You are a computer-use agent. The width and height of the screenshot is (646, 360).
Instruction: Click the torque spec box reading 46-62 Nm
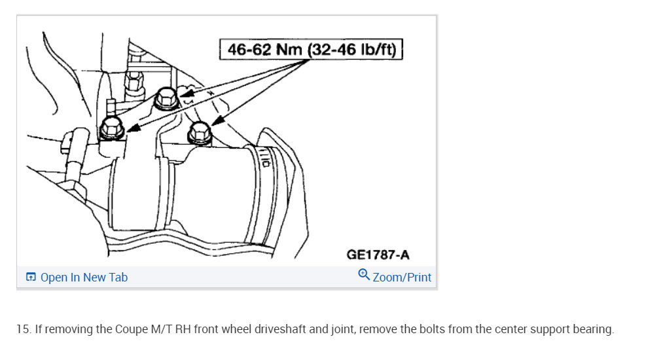pyautogui.click(x=311, y=50)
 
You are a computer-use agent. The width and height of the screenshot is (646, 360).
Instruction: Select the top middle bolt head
pyautogui.click(x=166, y=98)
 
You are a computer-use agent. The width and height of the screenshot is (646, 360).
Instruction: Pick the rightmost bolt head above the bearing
pyautogui.click(x=200, y=133)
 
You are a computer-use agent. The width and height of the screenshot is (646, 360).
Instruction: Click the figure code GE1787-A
pyautogui.click(x=378, y=255)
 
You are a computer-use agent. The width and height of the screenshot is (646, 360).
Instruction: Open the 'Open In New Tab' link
pyautogui.click(x=84, y=278)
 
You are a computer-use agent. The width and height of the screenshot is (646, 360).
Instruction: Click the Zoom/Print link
pyautogui.click(x=402, y=278)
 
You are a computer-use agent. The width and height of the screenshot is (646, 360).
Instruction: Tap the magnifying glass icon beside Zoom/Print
pyautogui.click(x=364, y=274)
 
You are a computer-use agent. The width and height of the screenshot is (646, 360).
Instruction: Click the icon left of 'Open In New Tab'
pyautogui.click(x=31, y=277)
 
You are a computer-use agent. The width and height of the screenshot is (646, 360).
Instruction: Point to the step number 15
pyautogui.click(x=24, y=329)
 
